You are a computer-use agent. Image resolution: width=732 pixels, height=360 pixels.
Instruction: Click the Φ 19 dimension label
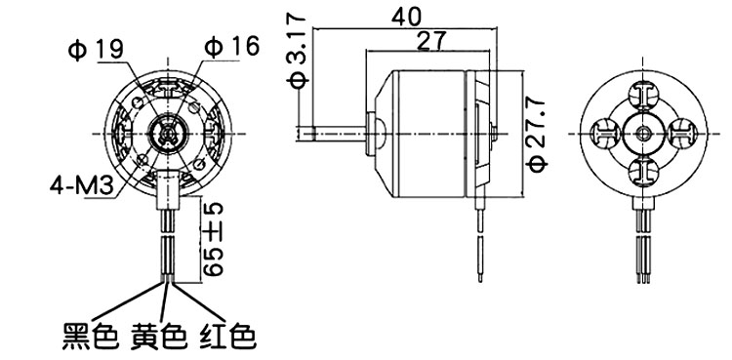pos(97,50)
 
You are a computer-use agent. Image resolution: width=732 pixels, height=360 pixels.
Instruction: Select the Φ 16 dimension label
pos(231,47)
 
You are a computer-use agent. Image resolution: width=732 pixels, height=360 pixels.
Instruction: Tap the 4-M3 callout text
pos(82,186)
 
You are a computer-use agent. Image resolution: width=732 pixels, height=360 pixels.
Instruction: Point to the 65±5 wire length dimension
pos(213,239)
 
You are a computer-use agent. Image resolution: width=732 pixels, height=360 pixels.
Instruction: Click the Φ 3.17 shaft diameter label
pos(297,52)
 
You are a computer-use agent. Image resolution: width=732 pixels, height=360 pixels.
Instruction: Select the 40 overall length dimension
pos(406,17)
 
